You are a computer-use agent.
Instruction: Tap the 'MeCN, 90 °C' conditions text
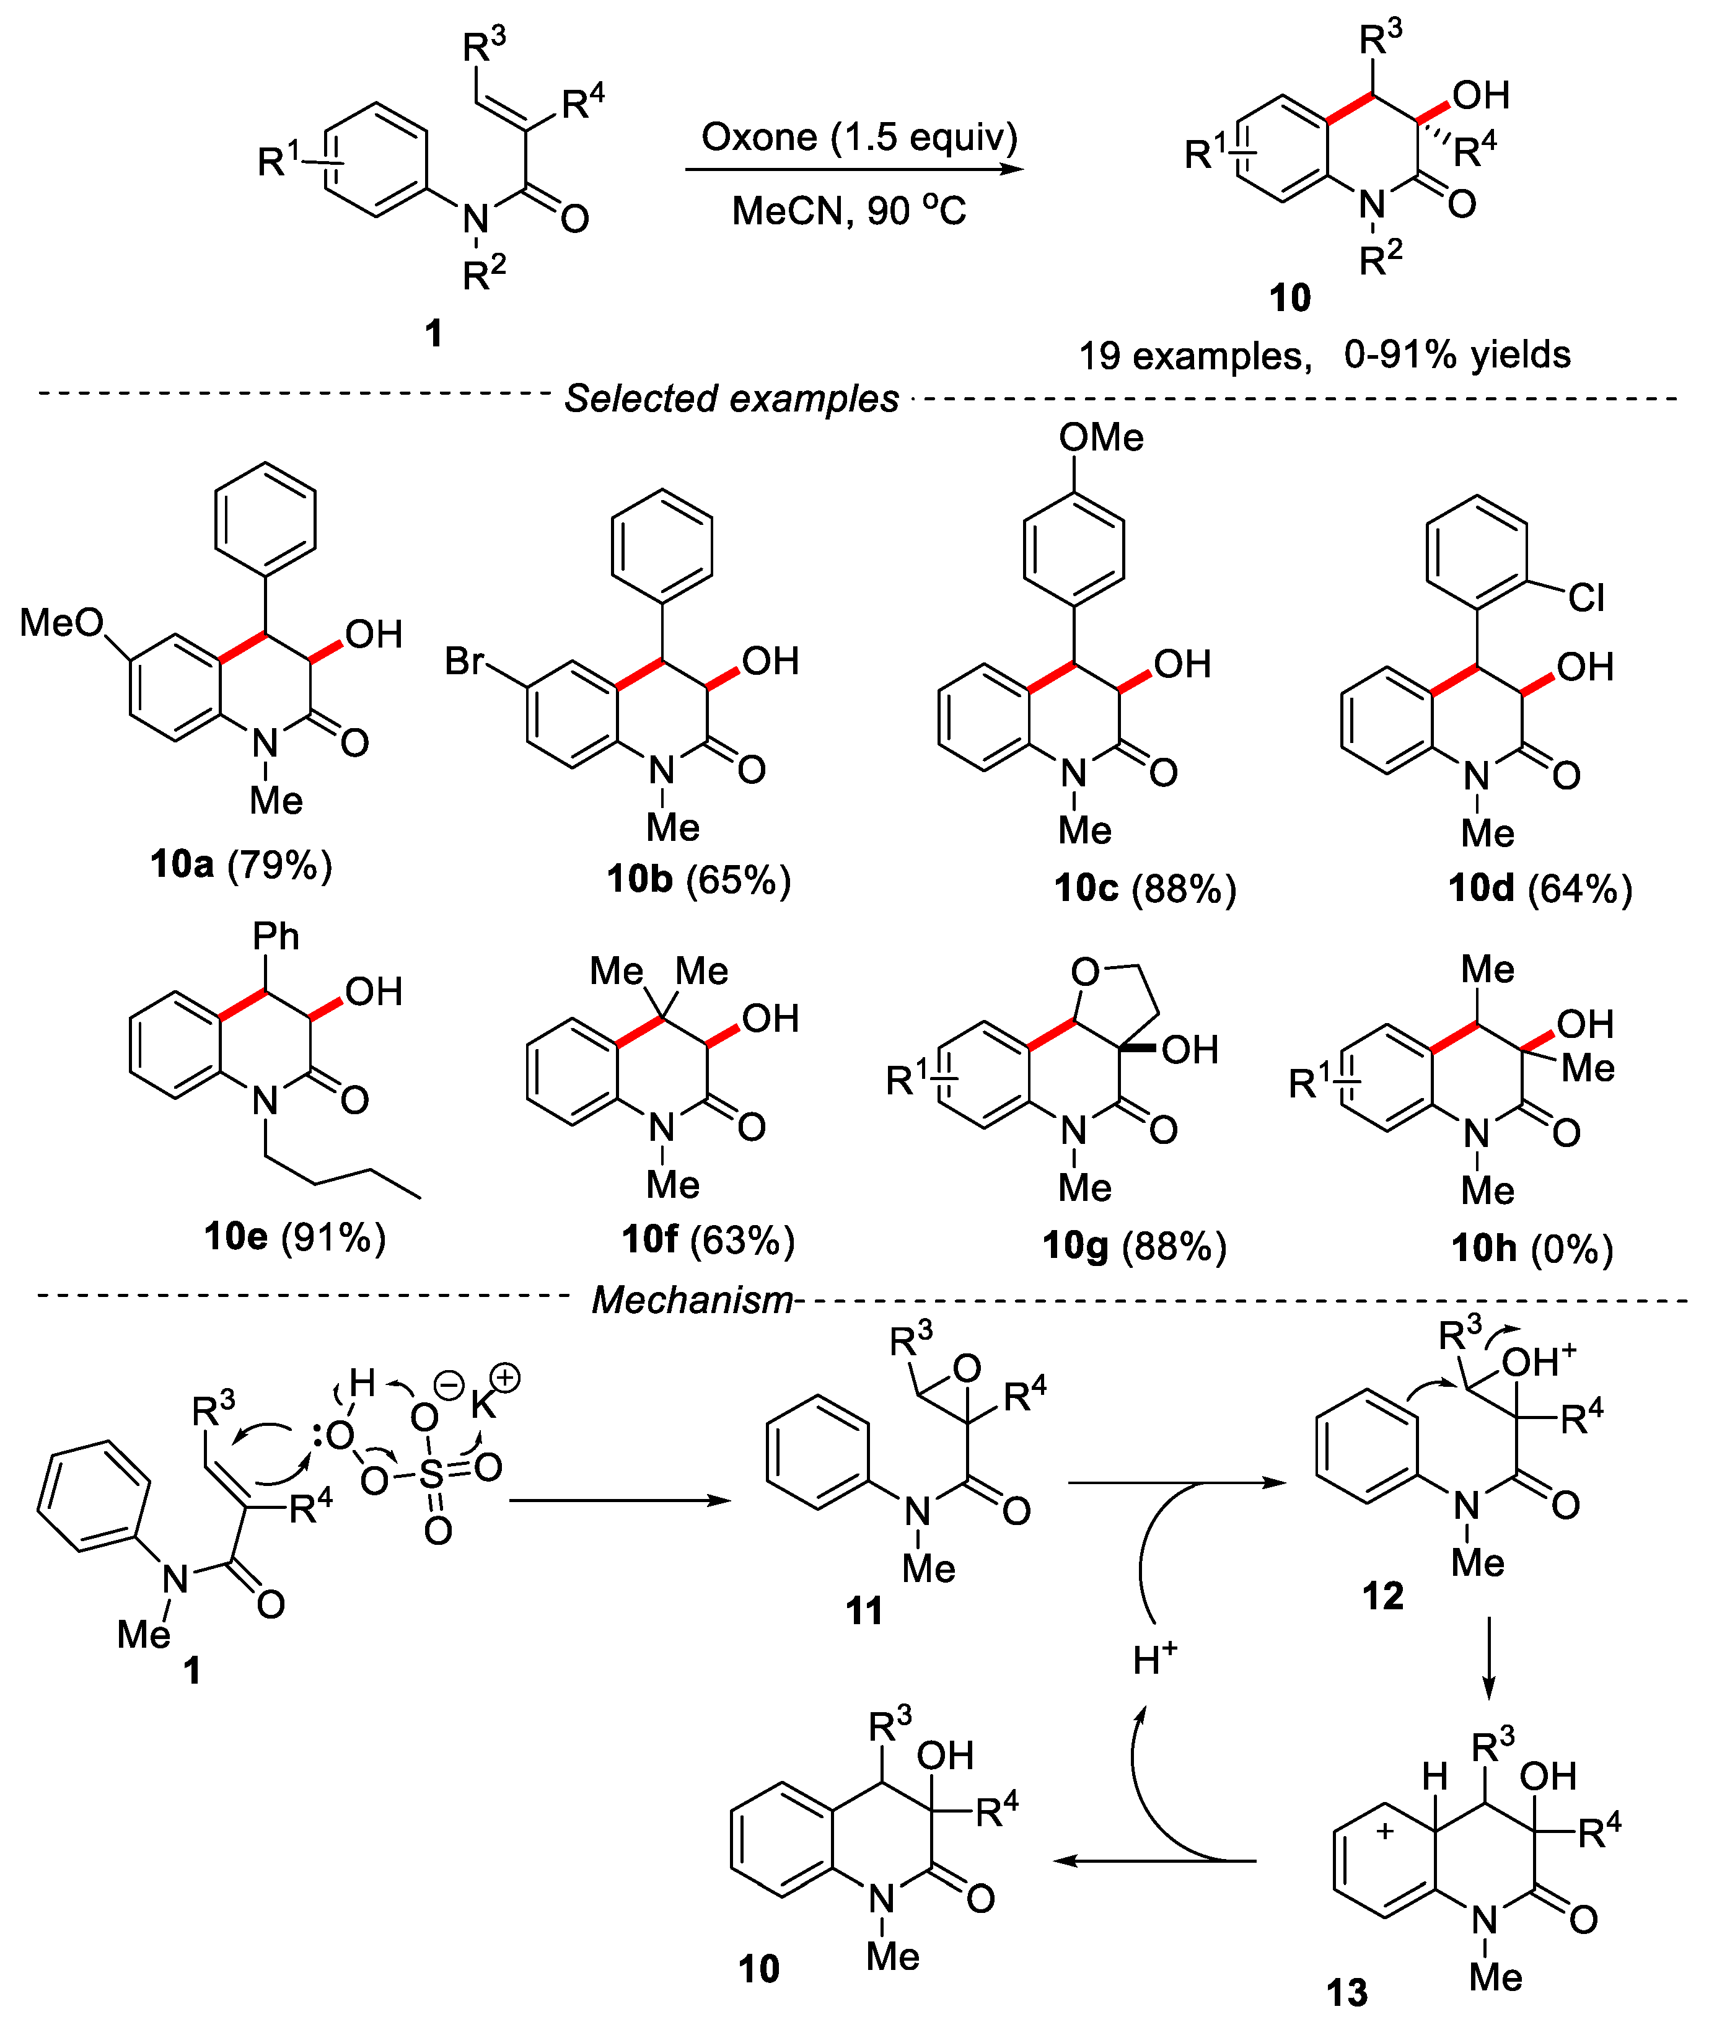tap(849, 210)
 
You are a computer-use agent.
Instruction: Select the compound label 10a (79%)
tap(241, 864)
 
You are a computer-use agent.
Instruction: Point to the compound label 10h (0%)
tap(1532, 1248)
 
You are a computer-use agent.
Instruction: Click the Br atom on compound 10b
tap(464, 662)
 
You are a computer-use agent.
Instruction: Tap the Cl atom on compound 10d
tap(1586, 598)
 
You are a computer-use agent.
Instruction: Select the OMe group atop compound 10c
tap(1101, 438)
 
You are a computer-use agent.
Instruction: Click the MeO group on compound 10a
tap(61, 623)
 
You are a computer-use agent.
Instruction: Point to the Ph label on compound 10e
tap(276, 936)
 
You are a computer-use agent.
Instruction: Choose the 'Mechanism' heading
tap(692, 1300)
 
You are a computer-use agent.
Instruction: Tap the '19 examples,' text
tap(1195, 356)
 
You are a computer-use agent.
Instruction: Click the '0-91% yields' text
tap(1457, 354)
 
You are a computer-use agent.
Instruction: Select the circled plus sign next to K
tap(505, 1379)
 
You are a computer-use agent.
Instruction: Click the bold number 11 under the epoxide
tap(864, 1611)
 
